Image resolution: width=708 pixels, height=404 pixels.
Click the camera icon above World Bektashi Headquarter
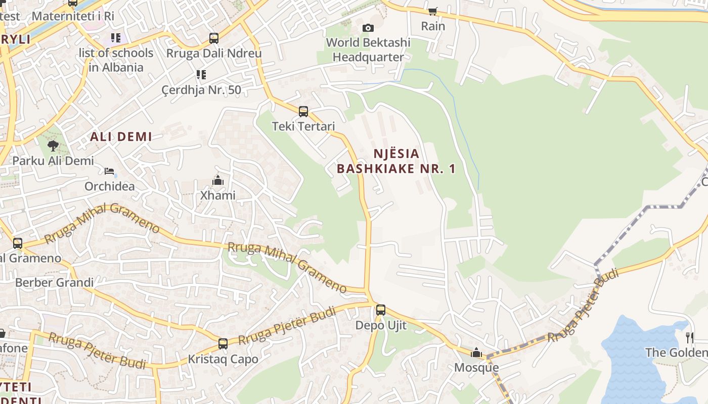tap(368, 28)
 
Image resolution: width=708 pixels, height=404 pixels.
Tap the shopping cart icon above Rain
tap(433, 11)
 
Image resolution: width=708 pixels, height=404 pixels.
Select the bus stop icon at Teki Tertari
tap(303, 112)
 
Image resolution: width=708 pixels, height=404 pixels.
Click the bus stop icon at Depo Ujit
tap(381, 310)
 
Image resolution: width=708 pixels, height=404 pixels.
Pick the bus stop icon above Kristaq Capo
tap(223, 344)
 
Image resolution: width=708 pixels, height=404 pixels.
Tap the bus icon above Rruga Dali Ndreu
tap(214, 38)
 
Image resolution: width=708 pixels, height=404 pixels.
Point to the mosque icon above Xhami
tap(218, 180)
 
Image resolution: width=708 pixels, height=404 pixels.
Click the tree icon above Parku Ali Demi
tap(53, 146)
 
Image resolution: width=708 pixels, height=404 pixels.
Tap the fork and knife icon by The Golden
tap(689, 337)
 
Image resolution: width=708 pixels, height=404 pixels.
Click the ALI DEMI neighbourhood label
tap(121, 136)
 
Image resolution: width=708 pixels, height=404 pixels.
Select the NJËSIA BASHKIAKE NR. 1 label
tap(396, 161)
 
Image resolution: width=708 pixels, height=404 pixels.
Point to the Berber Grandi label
tap(54, 282)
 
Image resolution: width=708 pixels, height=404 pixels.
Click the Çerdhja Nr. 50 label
tap(201, 90)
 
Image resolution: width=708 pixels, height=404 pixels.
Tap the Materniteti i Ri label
tap(73, 16)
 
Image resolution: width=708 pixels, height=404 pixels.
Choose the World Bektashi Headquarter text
tap(368, 49)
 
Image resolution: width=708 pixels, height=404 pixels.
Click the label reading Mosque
tap(476, 367)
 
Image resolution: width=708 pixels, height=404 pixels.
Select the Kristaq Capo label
tap(223, 359)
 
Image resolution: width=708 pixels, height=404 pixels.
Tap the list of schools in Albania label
tap(116, 60)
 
